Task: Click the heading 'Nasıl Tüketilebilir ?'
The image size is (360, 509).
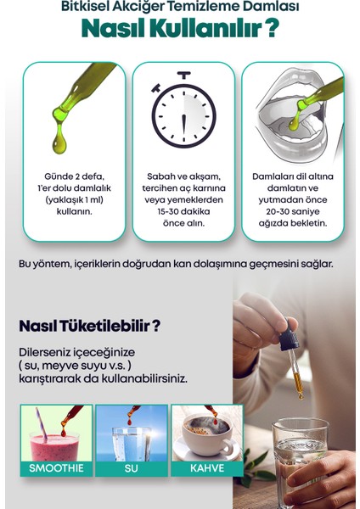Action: click(x=90, y=325)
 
